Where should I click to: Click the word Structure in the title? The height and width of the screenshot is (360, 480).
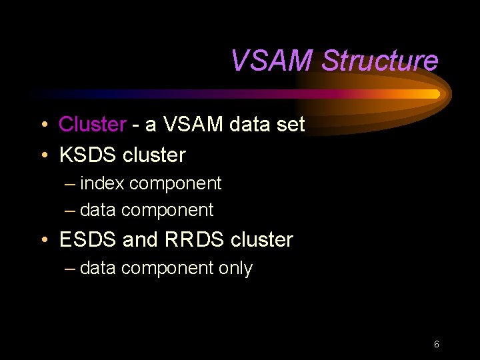(x=379, y=61)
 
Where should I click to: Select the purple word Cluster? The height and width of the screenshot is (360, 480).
(x=93, y=124)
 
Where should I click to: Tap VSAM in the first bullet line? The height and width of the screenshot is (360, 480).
(x=186, y=124)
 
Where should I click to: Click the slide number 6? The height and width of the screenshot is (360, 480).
(x=436, y=345)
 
